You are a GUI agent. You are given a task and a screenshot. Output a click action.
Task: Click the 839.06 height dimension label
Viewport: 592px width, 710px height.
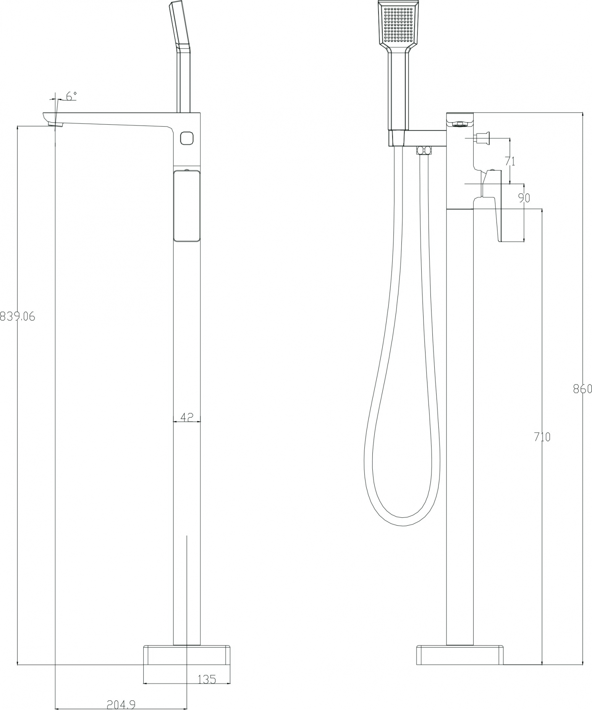click(x=18, y=316)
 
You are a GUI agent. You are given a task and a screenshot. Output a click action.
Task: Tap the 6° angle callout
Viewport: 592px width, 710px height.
click(x=71, y=96)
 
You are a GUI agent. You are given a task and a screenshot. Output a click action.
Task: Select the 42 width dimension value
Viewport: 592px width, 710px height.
click(x=186, y=417)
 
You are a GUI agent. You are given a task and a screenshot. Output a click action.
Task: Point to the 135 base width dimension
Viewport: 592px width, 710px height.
click(x=207, y=679)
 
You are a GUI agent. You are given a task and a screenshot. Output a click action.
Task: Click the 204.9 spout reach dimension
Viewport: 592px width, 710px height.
click(x=121, y=704)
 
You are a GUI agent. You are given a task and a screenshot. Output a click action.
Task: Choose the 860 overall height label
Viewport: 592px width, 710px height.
click(x=583, y=389)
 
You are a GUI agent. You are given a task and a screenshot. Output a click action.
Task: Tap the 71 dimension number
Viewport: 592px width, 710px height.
click(x=510, y=161)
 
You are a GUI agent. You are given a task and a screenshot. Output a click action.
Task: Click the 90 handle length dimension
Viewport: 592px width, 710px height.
click(x=524, y=198)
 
